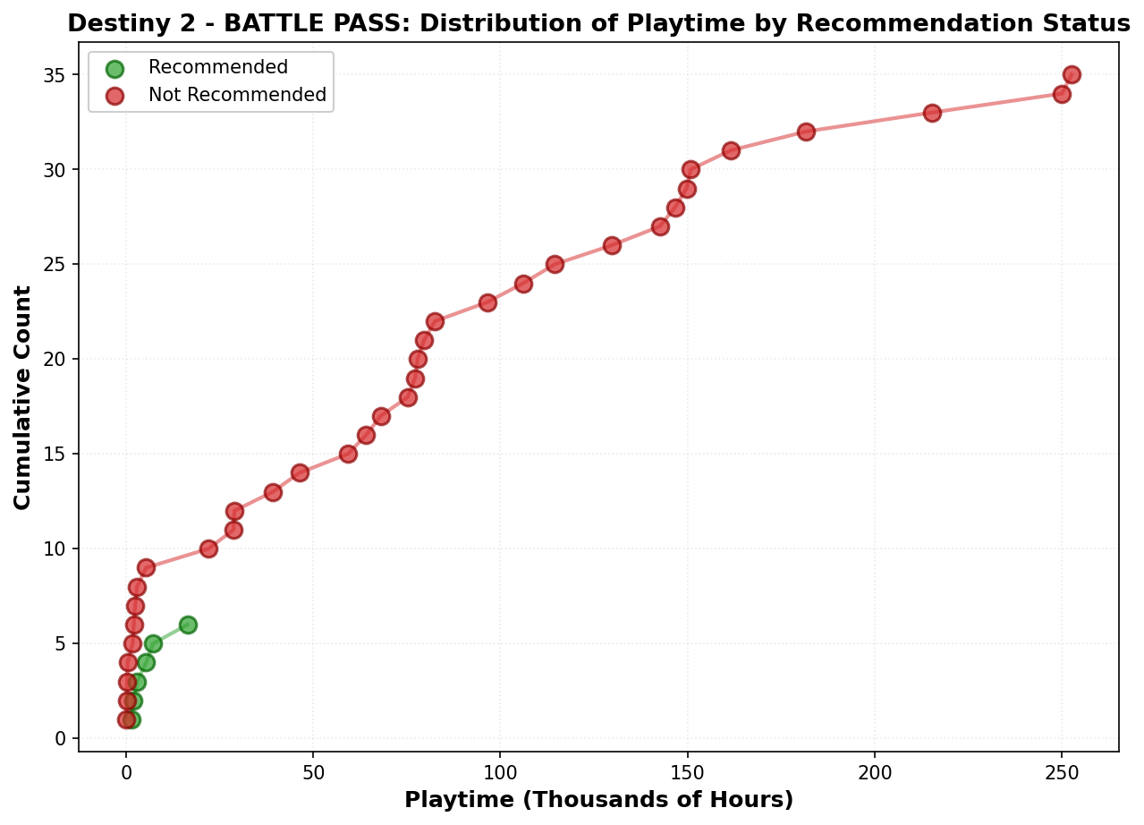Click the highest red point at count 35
click(1071, 74)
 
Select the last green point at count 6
click(188, 625)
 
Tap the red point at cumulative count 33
click(931, 113)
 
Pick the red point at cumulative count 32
click(806, 132)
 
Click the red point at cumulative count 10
click(208, 549)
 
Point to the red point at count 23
click(487, 302)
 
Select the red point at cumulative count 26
click(612, 245)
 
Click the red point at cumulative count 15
click(348, 454)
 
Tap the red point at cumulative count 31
click(731, 150)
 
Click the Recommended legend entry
click(217, 68)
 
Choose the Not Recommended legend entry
click(237, 95)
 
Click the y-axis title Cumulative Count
click(23, 397)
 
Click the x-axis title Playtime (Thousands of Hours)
click(598, 800)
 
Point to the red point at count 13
click(273, 492)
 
